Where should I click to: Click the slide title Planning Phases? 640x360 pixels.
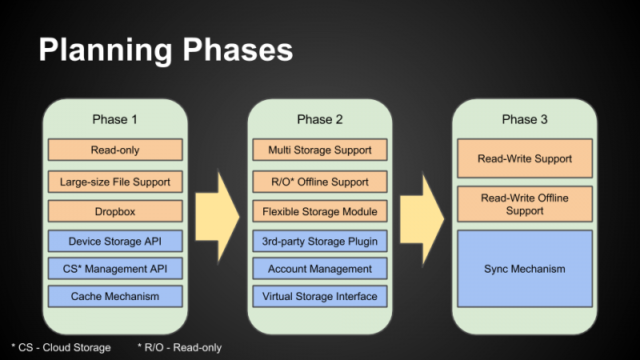pyautogui.click(x=166, y=50)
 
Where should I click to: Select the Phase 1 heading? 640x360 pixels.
pyautogui.click(x=115, y=119)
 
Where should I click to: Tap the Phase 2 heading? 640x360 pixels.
pyautogui.click(x=320, y=119)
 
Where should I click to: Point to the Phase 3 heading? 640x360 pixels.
pyautogui.click(x=525, y=119)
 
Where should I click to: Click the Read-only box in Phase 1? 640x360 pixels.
pyautogui.click(x=115, y=150)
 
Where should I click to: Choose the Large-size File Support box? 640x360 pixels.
pyautogui.click(x=115, y=182)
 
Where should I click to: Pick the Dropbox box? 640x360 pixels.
pyautogui.click(x=115, y=211)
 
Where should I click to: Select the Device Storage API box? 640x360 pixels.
pyautogui.click(x=115, y=241)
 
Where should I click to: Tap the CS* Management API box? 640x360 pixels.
pyautogui.click(x=115, y=269)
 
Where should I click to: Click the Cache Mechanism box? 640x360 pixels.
pyautogui.click(x=115, y=296)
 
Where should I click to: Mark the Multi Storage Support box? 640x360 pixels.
pyautogui.click(x=320, y=150)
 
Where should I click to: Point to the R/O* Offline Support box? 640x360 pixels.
pyautogui.click(x=320, y=182)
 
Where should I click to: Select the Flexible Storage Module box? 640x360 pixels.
pyautogui.click(x=320, y=211)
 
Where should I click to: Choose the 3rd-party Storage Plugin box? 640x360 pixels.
pyautogui.click(x=320, y=241)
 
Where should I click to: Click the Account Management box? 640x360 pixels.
pyautogui.click(x=320, y=269)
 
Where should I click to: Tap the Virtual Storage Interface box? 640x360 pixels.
pyautogui.click(x=320, y=296)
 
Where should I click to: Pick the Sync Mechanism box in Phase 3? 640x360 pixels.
pyautogui.click(x=525, y=269)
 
